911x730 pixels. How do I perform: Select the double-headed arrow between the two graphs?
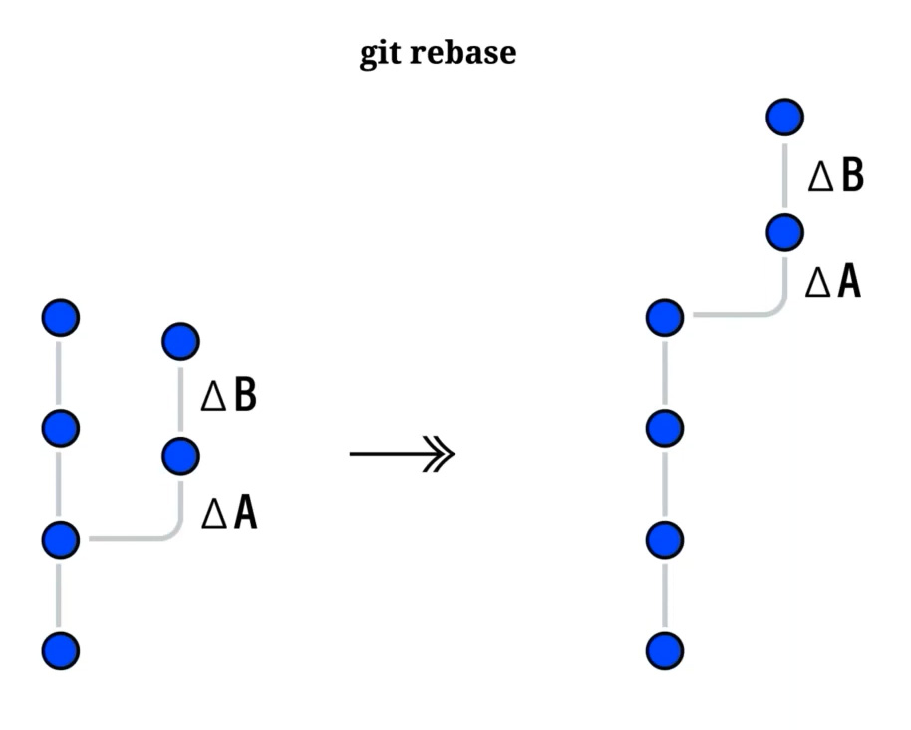(402, 455)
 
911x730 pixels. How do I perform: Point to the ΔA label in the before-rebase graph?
(229, 513)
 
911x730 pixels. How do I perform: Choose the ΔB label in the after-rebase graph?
(835, 175)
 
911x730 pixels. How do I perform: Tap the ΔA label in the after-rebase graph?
(833, 282)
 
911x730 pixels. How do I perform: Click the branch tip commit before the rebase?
(180, 341)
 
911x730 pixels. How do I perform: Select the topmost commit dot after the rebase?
(784, 117)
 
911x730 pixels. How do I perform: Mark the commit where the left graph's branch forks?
(60, 539)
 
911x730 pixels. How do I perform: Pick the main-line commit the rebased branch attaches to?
(665, 318)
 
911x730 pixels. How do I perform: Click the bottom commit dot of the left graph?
(60, 651)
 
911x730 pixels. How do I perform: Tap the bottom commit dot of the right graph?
(665, 651)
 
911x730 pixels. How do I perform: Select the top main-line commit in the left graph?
(60, 318)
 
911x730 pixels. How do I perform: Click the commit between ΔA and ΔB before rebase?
(180, 456)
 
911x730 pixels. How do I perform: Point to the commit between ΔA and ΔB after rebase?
(784, 232)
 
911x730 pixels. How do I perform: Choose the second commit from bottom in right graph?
(665, 540)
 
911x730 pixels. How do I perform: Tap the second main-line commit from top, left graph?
(60, 428)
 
